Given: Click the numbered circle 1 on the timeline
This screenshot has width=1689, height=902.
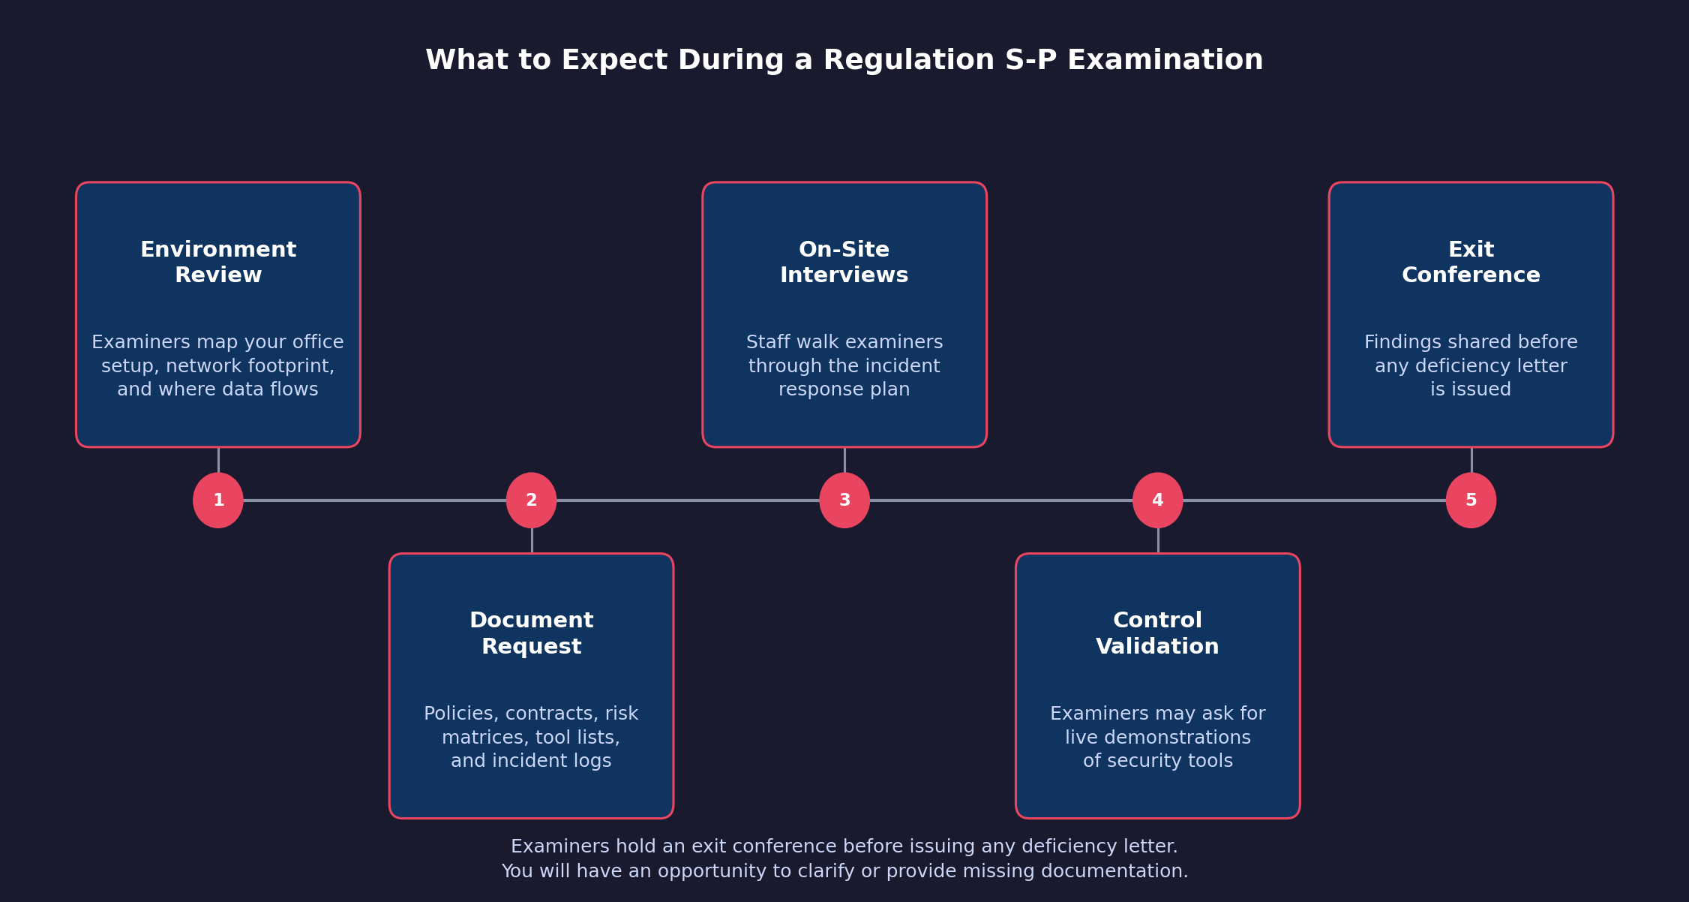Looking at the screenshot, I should [218, 501].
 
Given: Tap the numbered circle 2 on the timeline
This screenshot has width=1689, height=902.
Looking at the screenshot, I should [531, 501].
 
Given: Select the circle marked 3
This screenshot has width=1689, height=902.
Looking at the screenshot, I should [844, 501].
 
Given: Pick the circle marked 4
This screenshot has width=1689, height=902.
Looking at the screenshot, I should [1157, 501].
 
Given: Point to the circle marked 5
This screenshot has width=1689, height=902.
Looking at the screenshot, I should [1471, 501].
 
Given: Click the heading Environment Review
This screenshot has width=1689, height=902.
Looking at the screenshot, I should [218, 263].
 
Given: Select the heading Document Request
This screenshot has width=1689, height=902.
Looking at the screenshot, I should [531, 633].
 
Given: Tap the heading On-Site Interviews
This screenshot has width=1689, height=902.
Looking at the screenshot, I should [844, 263].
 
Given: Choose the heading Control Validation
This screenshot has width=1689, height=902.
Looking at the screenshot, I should [1157, 633].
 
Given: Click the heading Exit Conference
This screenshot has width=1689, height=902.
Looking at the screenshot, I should [1471, 263].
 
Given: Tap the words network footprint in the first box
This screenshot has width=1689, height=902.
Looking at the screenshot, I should [250, 366].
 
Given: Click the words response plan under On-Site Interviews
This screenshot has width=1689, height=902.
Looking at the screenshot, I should [844, 390].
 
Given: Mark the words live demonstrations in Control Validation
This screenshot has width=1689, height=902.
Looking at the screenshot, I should [1157, 738].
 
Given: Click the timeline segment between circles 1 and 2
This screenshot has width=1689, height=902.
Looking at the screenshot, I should [375, 501].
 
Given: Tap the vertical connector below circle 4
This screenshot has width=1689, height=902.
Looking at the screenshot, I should [1157, 540].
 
